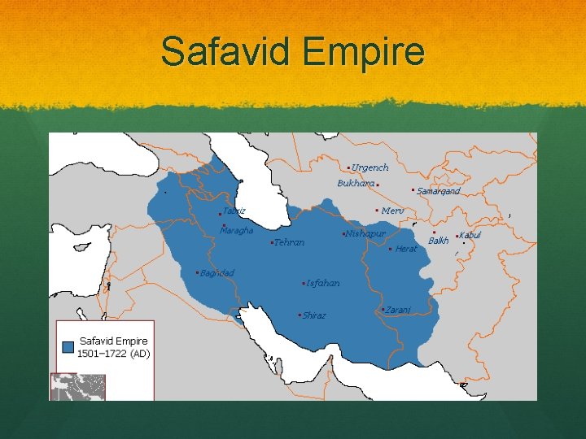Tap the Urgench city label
click(370, 167)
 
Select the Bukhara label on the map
click(356, 183)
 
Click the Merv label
click(392, 211)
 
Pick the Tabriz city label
click(234, 211)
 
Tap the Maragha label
click(237, 230)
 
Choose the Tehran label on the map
click(289, 242)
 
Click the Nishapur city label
click(365, 234)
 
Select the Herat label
click(405, 249)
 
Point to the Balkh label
click(439, 241)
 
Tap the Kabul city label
click(470, 235)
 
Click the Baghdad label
click(216, 272)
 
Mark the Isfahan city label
click(323, 283)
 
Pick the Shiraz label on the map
click(313, 315)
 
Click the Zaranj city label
click(398, 309)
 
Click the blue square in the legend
click(68, 346)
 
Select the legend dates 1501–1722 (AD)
click(113, 354)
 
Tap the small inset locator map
click(79, 386)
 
